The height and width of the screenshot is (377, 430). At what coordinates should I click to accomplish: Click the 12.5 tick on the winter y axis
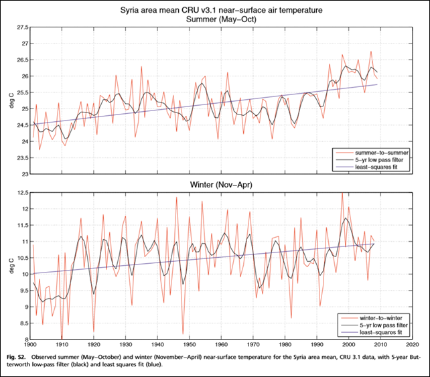tap(23, 193)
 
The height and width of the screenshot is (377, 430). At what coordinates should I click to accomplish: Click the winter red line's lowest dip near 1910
tap(62, 337)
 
